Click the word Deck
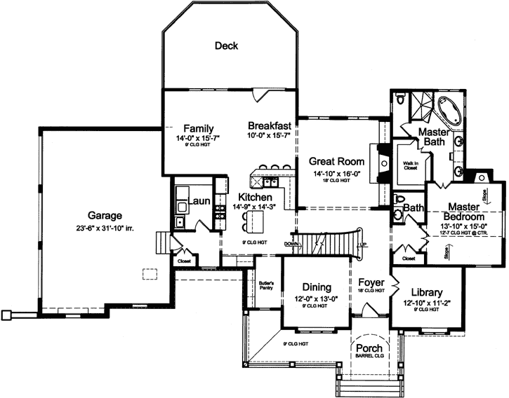click(226, 46)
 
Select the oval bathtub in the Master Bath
click(449, 111)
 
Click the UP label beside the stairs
click(362, 244)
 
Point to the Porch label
click(369, 348)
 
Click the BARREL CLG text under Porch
click(369, 356)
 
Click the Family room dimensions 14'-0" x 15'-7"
click(194, 139)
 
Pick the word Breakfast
click(270, 125)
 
